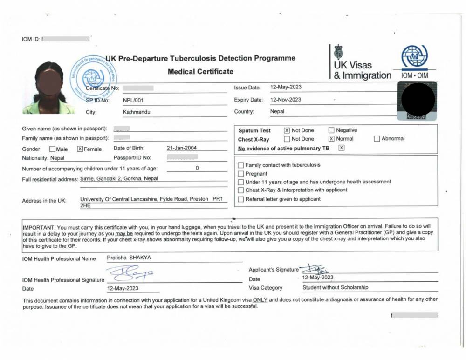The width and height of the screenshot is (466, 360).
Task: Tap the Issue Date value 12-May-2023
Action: [x=286, y=87]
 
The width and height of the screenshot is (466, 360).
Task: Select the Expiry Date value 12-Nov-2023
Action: [x=286, y=99]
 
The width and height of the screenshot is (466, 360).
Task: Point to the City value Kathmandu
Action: [x=137, y=112]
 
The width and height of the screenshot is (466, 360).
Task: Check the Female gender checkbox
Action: [x=80, y=149]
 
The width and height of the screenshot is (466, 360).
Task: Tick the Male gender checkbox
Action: [x=52, y=149]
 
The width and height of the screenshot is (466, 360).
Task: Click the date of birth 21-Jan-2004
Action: [x=182, y=148]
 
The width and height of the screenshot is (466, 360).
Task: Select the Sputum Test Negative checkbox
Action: [x=331, y=130]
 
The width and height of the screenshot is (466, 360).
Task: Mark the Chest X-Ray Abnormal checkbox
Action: [x=377, y=138]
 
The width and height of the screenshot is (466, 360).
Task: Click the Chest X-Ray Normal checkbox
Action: [x=331, y=139]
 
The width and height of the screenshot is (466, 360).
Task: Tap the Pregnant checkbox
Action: [x=241, y=174]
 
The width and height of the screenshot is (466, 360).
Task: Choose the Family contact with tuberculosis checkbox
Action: [x=241, y=165]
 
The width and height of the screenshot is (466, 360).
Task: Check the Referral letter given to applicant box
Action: [x=241, y=199]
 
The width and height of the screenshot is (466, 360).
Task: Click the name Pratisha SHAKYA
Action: [x=129, y=258]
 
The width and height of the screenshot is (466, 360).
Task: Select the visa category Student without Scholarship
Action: [x=335, y=287]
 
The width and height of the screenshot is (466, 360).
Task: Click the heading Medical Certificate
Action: [x=200, y=71]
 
